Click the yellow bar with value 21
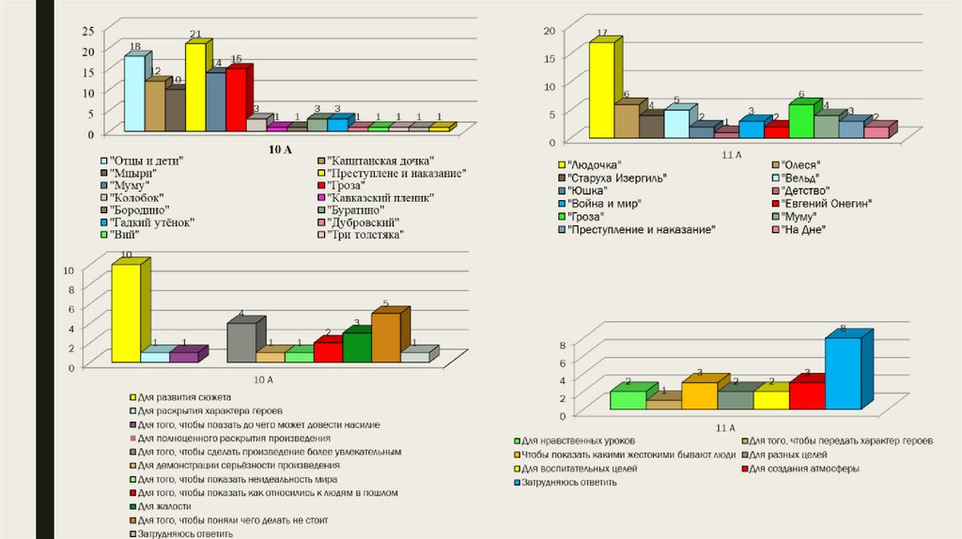pos(195,87)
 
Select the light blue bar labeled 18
pos(134,94)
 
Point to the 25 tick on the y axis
pos(88,30)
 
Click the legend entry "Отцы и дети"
pos(146,162)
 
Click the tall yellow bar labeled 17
pos(601,91)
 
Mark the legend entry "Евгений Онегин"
pos(828,204)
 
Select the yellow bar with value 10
pos(125,313)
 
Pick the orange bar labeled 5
pos(385,337)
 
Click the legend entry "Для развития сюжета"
pos(184,398)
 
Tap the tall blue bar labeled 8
pos(843,374)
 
